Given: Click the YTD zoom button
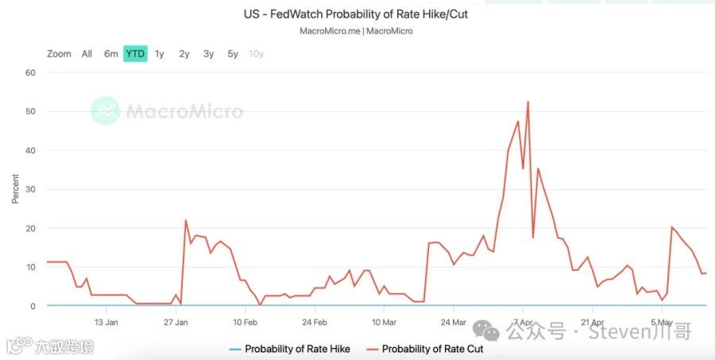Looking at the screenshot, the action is [x=135, y=54].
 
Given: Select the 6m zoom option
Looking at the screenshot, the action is [x=110, y=54].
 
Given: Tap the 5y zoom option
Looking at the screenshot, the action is [x=233, y=54].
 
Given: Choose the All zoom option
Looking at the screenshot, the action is [x=87, y=54].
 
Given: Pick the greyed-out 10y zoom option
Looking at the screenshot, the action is [x=257, y=54].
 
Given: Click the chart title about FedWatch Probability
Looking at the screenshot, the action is [x=356, y=14].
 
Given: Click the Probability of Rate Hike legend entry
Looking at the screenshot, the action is [x=289, y=349].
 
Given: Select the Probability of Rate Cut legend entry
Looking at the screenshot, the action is [x=424, y=349].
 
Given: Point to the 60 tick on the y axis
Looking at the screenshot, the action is [x=30, y=72].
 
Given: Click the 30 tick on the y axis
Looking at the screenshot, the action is [x=30, y=189].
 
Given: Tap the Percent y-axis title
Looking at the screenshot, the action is [x=16, y=189].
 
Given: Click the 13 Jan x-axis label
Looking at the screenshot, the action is [x=106, y=322].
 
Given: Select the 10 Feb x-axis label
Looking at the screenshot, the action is [x=245, y=322].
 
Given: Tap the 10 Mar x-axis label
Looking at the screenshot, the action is [x=384, y=322].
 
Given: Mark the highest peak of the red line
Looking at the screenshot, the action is [x=528, y=101].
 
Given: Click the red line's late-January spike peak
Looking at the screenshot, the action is [x=186, y=220].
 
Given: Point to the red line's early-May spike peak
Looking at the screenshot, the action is [x=671, y=226].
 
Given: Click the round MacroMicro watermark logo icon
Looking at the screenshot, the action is [x=106, y=111].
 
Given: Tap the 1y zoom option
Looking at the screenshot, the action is [x=159, y=54].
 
